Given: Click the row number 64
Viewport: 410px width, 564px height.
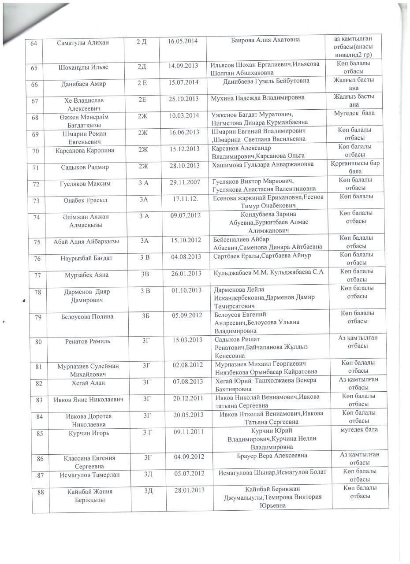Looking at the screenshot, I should tap(34, 43).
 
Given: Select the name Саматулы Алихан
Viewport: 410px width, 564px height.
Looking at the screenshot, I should tap(83, 42).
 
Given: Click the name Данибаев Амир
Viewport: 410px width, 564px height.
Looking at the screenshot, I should tap(83, 84).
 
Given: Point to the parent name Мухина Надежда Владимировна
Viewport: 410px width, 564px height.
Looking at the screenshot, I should tap(258, 97).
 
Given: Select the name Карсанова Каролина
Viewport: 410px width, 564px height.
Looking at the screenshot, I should tap(85, 150).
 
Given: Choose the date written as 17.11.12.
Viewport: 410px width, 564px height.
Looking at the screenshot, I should tap(186, 199).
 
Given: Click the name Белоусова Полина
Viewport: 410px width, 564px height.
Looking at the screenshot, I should tap(87, 316).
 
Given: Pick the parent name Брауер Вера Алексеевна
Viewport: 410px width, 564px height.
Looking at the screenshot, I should tap(272, 456).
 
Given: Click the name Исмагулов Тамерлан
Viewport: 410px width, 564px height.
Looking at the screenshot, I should tap(89, 475).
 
